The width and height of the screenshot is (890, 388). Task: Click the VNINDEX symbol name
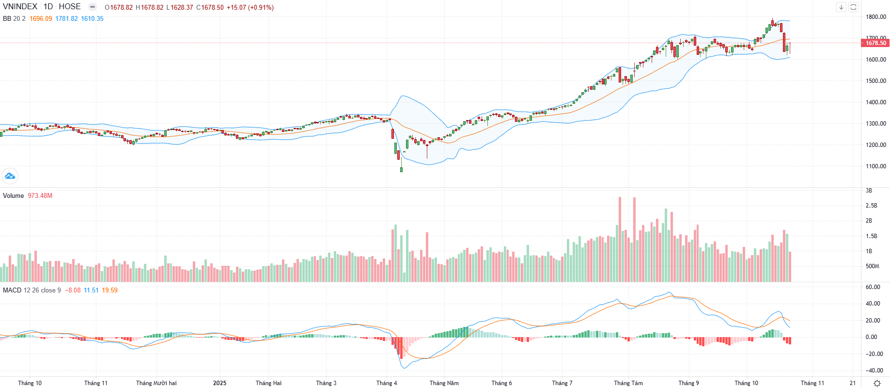[x=20, y=7]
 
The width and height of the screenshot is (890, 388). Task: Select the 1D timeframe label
[x=48, y=7]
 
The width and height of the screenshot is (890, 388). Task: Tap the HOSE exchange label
[x=70, y=7]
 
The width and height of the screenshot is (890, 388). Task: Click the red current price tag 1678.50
[x=875, y=43]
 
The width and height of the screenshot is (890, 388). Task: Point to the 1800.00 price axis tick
[x=876, y=17]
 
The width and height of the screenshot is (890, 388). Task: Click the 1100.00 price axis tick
[x=876, y=166]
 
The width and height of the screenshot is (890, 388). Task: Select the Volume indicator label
[x=13, y=196]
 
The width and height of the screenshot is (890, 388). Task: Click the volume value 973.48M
[x=40, y=196]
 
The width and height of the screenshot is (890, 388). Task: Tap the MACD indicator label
[x=12, y=291]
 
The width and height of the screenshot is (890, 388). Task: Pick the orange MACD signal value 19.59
[x=109, y=291]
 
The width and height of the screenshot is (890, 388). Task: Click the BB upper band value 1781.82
[x=66, y=19]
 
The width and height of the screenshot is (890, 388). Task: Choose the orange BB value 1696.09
[x=41, y=19]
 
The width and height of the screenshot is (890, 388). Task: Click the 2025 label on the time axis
[x=219, y=383]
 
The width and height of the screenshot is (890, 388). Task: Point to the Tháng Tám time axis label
[x=628, y=383]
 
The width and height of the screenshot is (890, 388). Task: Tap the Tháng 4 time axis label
[x=387, y=383]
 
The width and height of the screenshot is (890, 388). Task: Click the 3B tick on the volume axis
[x=869, y=191]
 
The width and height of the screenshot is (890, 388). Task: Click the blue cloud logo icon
[x=10, y=176]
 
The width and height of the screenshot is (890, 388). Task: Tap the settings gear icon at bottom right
[x=877, y=383]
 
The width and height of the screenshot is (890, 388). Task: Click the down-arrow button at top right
[x=841, y=7]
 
